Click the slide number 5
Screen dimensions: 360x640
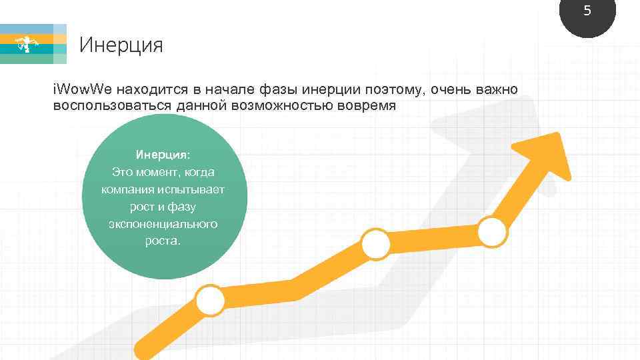(x=587, y=11)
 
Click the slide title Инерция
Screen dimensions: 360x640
(x=121, y=45)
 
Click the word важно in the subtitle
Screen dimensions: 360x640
(x=495, y=89)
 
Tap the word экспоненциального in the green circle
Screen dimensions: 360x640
(x=163, y=224)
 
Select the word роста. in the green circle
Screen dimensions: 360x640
(x=163, y=241)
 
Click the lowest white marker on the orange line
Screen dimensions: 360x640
(x=209, y=301)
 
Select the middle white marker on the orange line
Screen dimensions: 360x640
(x=375, y=244)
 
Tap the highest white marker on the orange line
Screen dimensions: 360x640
(x=493, y=231)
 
